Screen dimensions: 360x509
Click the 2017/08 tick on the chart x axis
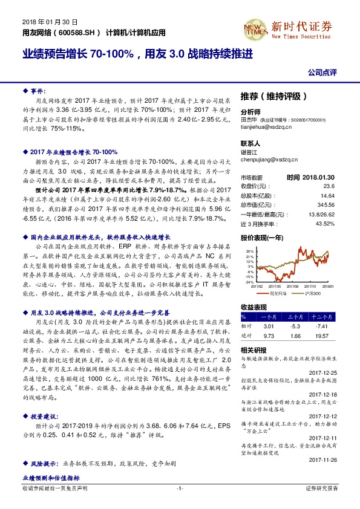[x=295, y=286]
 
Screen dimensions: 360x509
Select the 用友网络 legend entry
[x=278, y=292]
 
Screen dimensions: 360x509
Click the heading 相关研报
[x=254, y=350]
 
